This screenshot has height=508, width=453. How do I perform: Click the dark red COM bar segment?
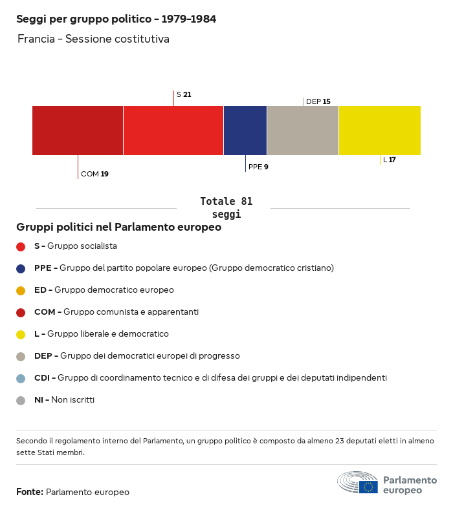pos(78,131)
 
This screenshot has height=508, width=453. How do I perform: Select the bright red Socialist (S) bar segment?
pos(173,131)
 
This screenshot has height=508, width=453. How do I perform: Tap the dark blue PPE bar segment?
pos(245,131)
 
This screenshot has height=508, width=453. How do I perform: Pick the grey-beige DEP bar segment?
pos(303,131)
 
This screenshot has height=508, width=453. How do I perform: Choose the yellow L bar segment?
pos(380,131)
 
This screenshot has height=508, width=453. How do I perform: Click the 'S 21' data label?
pos(184,94)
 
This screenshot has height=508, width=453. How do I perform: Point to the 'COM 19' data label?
pos(94,174)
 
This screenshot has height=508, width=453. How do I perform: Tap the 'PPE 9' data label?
pos(258,167)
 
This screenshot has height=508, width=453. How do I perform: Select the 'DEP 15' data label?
pos(318,101)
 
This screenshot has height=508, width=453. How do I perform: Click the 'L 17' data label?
pos(390,160)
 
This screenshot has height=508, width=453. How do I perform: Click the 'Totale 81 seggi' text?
pos(226,207)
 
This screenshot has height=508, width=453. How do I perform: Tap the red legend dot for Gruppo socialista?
pos(21,246)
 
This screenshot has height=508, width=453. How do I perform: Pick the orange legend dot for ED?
pos(21,290)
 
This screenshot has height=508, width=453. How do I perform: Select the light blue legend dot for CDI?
pos(21,378)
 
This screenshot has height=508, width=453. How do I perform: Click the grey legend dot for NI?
pos(21,400)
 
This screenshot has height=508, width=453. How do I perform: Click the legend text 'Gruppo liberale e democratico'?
pos(107,334)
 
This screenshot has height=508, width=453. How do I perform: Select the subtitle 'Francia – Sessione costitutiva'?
pos(93,39)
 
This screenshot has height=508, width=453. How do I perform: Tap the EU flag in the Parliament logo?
pos(369,487)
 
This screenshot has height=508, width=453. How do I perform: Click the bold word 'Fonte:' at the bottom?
pos(30,492)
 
